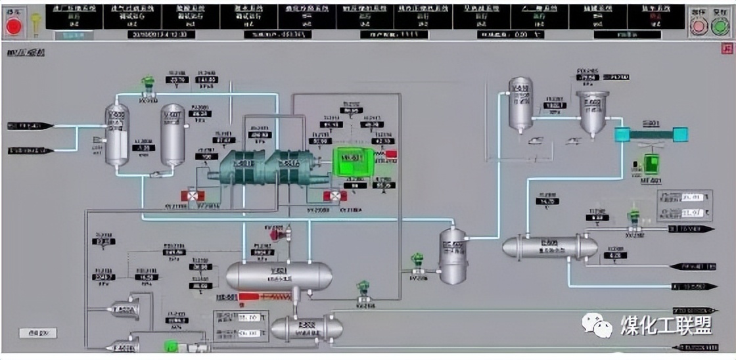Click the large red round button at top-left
pos(13,26)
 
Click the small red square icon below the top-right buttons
pos(726,48)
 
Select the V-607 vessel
pos(173,134)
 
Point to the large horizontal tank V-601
pos(279,276)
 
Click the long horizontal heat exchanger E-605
pos(549,247)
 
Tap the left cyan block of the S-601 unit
pos(622,135)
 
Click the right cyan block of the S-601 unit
pos(680,135)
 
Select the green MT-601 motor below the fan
pos(651,164)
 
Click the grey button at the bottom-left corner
pos(34,334)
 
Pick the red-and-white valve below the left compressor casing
pos(193,196)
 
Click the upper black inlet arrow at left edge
pos(31,125)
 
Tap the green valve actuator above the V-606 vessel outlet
pos(149,83)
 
